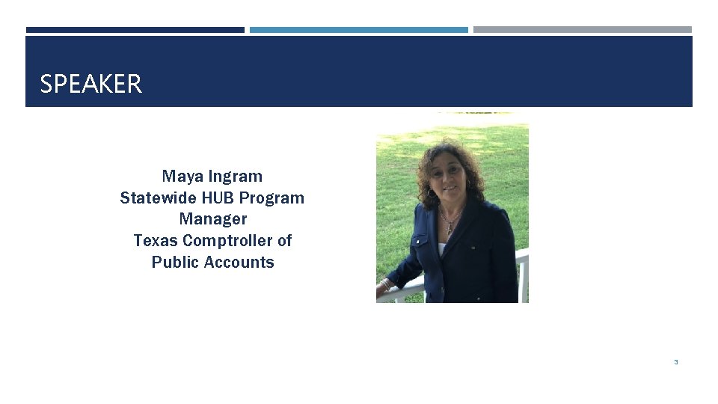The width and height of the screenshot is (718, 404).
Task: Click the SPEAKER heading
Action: tap(90, 84)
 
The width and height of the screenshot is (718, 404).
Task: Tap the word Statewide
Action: tap(158, 198)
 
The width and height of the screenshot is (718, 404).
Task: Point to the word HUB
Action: tap(218, 198)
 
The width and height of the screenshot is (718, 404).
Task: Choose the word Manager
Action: tap(212, 219)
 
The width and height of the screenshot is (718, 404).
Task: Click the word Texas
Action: tap(156, 241)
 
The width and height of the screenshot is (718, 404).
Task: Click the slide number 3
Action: tap(675, 362)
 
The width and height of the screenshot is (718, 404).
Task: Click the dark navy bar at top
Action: tap(135, 30)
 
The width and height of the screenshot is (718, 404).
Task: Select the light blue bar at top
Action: tap(358, 30)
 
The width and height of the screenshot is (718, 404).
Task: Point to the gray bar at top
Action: tap(582, 30)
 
